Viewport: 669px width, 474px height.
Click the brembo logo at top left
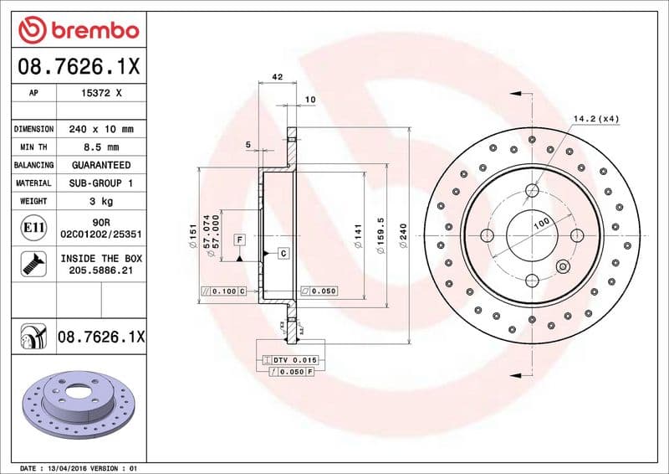tap(79, 31)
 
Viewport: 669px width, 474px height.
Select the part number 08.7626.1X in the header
tap(78, 64)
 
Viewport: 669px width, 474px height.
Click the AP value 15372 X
tap(101, 94)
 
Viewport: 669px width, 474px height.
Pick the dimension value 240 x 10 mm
tap(101, 130)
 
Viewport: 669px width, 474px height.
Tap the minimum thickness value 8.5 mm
tap(101, 147)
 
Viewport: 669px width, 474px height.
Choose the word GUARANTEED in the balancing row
tap(101, 165)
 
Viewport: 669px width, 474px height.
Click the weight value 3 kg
tap(101, 201)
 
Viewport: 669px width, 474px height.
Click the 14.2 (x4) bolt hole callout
tap(595, 119)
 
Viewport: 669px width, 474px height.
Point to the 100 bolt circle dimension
tap(541, 223)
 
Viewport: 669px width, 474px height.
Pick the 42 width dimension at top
tap(278, 77)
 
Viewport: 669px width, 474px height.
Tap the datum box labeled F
tap(239, 240)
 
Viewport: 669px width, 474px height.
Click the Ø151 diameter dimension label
tap(192, 234)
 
